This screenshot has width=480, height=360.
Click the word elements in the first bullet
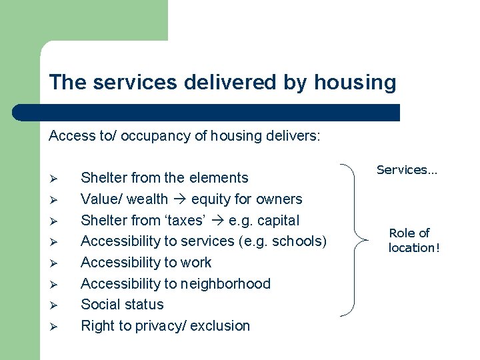pyautogui.click(x=218, y=178)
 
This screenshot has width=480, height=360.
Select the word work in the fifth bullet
pyautogui.click(x=197, y=263)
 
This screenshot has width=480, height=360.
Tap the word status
pyautogui.click(x=143, y=305)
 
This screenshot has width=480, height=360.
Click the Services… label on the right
pyautogui.click(x=407, y=170)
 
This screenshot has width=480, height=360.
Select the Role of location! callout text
pyautogui.click(x=410, y=240)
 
